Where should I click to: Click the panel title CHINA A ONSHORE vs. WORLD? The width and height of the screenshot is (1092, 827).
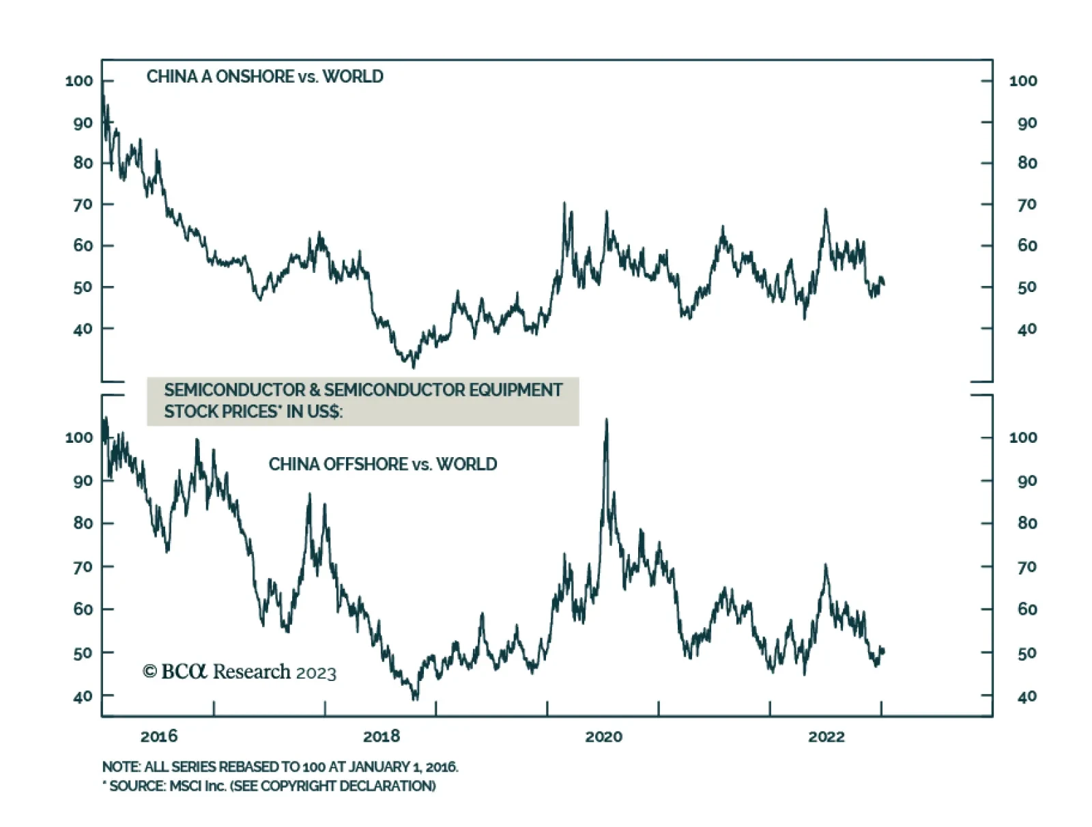265,76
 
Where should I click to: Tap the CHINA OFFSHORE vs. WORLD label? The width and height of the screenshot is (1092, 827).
382,464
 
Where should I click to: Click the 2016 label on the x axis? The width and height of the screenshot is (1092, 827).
158,736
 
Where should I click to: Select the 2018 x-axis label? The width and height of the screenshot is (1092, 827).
382,736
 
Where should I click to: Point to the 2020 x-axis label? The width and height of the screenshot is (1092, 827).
604,736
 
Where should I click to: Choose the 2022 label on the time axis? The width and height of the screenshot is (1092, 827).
827,736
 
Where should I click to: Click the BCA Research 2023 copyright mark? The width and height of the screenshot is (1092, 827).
240,672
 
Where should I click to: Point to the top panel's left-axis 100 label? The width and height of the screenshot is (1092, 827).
79,81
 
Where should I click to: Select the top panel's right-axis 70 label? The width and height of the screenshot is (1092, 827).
1026,204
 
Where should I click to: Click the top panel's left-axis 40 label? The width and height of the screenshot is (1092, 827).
83,329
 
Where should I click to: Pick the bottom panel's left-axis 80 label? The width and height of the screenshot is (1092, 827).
83,523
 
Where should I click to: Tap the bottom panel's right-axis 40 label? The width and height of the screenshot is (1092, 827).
1026,697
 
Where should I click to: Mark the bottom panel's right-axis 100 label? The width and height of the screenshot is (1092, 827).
1023,437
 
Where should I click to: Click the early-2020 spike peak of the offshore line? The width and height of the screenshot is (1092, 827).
606,420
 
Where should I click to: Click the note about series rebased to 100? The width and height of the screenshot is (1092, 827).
280,767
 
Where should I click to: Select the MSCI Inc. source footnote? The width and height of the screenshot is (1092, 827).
269,786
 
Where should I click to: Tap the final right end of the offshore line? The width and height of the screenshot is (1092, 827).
884,650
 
